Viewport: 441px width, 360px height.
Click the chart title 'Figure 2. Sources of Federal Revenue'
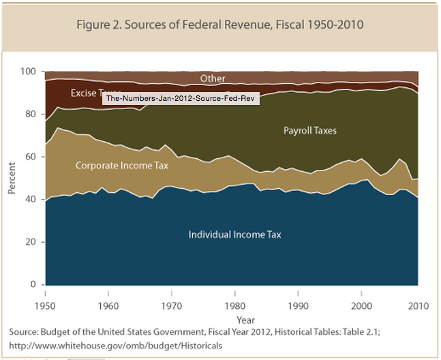(x=221, y=26)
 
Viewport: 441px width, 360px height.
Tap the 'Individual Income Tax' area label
(x=235, y=235)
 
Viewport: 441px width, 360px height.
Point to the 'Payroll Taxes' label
(x=310, y=130)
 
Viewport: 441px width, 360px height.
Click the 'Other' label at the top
(x=213, y=79)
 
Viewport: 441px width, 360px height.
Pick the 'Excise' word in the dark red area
(x=84, y=93)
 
